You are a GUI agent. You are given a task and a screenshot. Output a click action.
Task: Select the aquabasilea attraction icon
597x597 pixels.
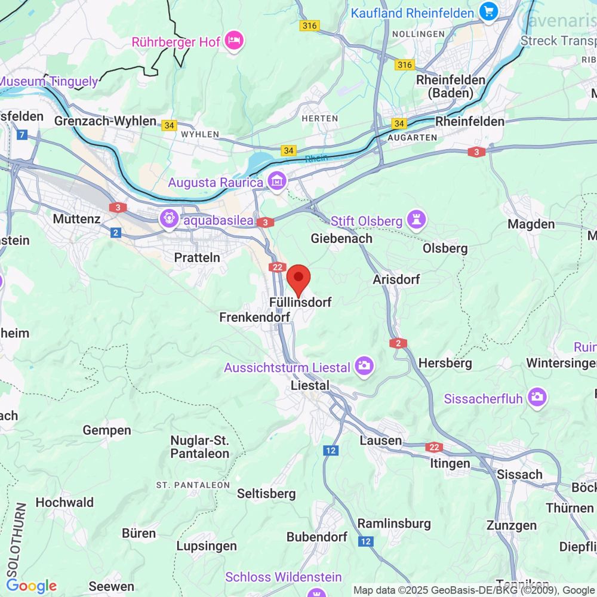click(x=168, y=219)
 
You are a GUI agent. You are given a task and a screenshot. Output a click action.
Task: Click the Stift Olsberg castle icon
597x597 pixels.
click(x=416, y=221)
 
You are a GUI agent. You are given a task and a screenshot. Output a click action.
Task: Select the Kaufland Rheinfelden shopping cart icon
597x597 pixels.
click(x=488, y=12)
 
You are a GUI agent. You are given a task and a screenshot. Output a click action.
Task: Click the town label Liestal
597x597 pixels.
click(x=309, y=386)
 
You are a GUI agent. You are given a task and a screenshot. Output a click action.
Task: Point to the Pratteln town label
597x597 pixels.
click(x=197, y=257)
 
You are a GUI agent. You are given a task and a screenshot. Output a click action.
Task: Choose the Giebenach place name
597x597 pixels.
click(x=341, y=238)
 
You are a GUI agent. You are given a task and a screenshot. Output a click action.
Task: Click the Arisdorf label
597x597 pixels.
click(x=396, y=279)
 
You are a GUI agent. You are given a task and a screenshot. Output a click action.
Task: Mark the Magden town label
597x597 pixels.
click(x=531, y=224)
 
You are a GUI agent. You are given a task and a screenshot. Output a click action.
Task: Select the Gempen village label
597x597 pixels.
click(x=107, y=430)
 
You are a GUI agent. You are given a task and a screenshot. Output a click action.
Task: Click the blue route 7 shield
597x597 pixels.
click(x=23, y=135)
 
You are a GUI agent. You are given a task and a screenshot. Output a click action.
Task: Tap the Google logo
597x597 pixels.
click(x=31, y=586)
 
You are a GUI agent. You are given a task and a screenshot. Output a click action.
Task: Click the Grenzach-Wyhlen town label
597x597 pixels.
click(x=105, y=121)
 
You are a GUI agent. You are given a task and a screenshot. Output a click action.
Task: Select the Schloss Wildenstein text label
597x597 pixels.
click(x=283, y=577)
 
